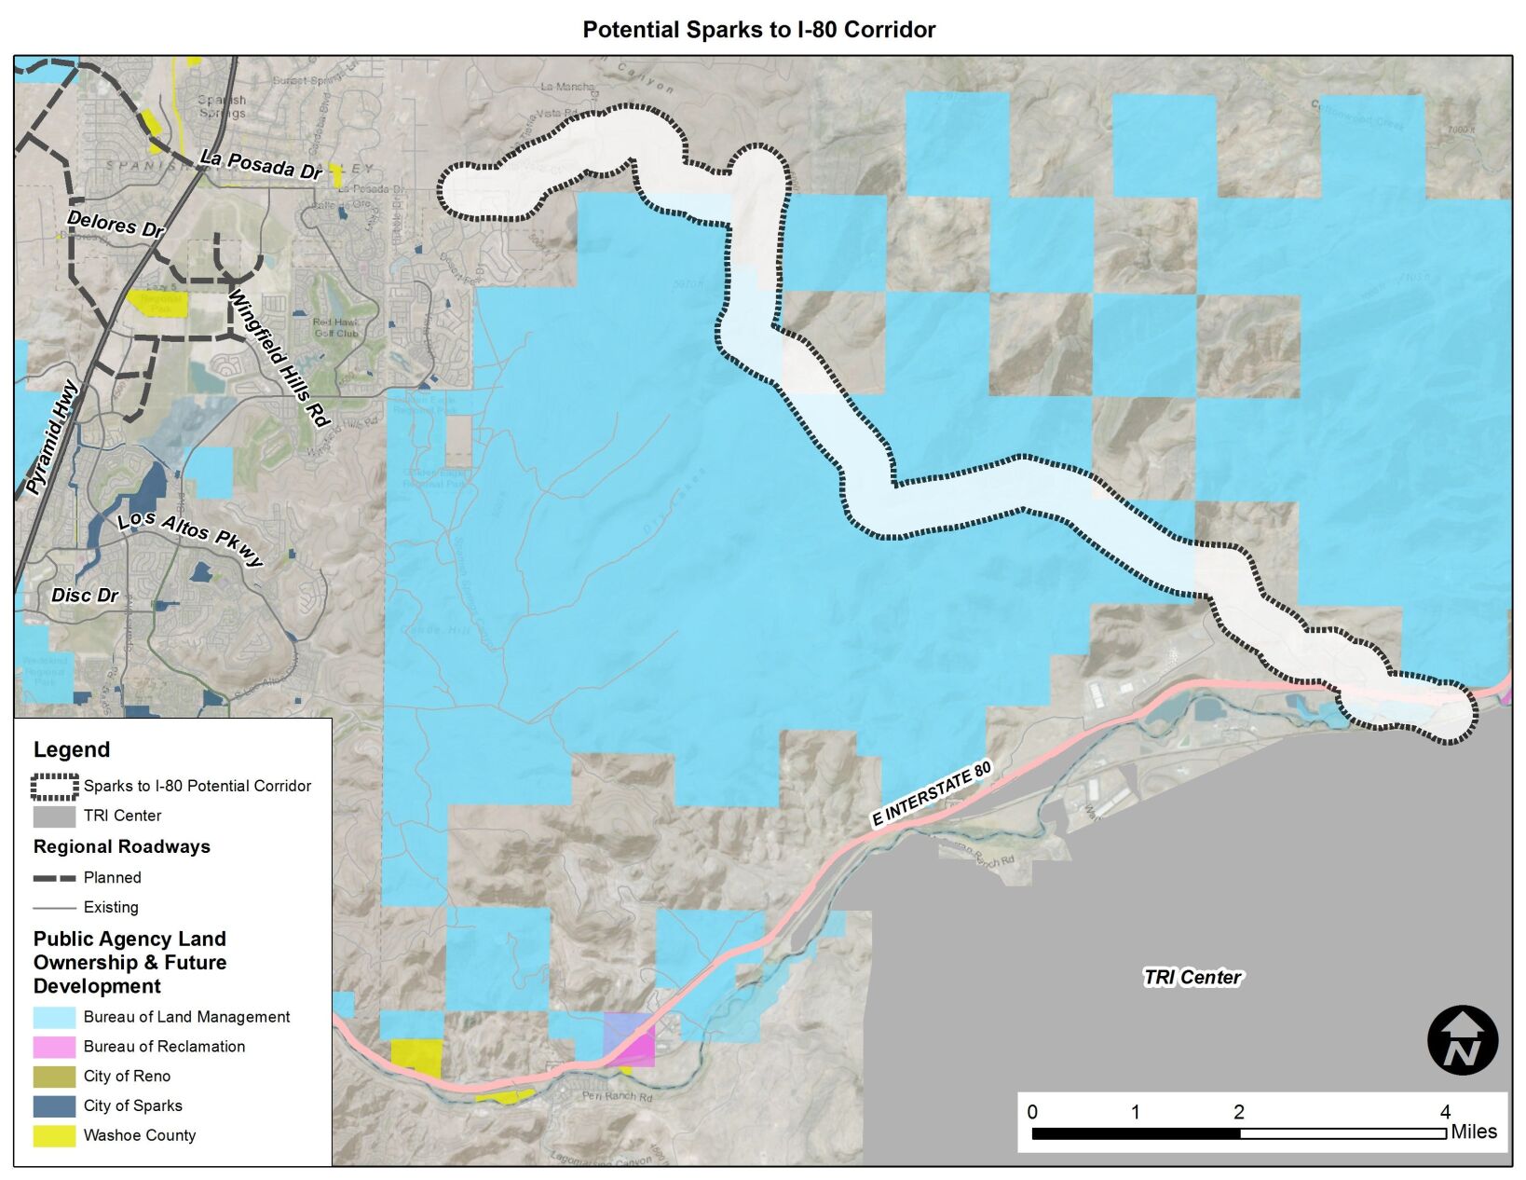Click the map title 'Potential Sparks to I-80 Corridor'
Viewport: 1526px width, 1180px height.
[x=758, y=30]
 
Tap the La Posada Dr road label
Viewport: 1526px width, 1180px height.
[x=262, y=166]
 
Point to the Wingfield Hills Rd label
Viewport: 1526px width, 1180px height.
[x=279, y=360]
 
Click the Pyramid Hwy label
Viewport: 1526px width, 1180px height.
[x=52, y=437]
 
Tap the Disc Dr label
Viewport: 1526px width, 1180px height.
[x=85, y=595]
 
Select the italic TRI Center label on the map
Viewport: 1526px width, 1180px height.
[x=1192, y=977]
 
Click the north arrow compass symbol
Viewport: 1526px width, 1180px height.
[x=1463, y=1040]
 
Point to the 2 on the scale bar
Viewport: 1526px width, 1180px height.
[x=1238, y=1111]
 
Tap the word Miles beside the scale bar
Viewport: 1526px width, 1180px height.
[x=1474, y=1132]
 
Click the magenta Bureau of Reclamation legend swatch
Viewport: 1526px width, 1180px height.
[x=54, y=1047]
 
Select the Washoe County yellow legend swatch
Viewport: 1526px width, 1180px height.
[x=54, y=1135]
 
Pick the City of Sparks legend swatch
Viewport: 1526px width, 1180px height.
[x=54, y=1106]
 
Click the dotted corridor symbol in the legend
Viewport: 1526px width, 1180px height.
[x=54, y=787]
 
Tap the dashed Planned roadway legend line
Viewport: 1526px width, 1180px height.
[x=54, y=878]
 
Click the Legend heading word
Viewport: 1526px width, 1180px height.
[x=72, y=749]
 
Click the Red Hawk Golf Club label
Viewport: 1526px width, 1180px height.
[x=335, y=327]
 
